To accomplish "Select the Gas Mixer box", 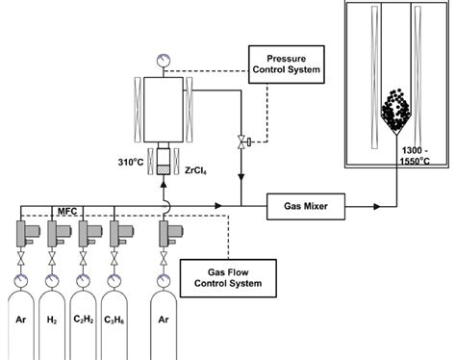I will click(x=302, y=205).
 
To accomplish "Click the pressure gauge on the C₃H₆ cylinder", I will click(x=121, y=282).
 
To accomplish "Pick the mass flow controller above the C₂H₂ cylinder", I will click(x=89, y=233).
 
